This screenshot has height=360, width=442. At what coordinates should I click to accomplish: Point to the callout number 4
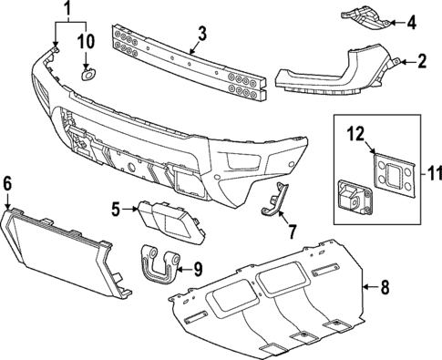tap(410, 21)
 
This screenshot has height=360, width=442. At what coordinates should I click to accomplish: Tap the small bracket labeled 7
tap(274, 200)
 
